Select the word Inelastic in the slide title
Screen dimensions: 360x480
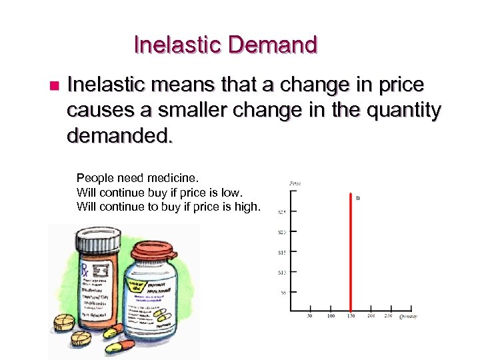[177, 45]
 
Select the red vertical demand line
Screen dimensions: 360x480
[351, 253]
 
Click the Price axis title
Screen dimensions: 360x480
[295, 183]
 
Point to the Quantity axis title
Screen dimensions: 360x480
[408, 317]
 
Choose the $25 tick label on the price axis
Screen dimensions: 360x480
[283, 212]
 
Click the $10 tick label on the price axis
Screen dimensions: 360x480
[283, 272]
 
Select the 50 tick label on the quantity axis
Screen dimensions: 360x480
[310, 316]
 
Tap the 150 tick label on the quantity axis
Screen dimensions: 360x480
[351, 316]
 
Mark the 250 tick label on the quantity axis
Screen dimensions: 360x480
[389, 316]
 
